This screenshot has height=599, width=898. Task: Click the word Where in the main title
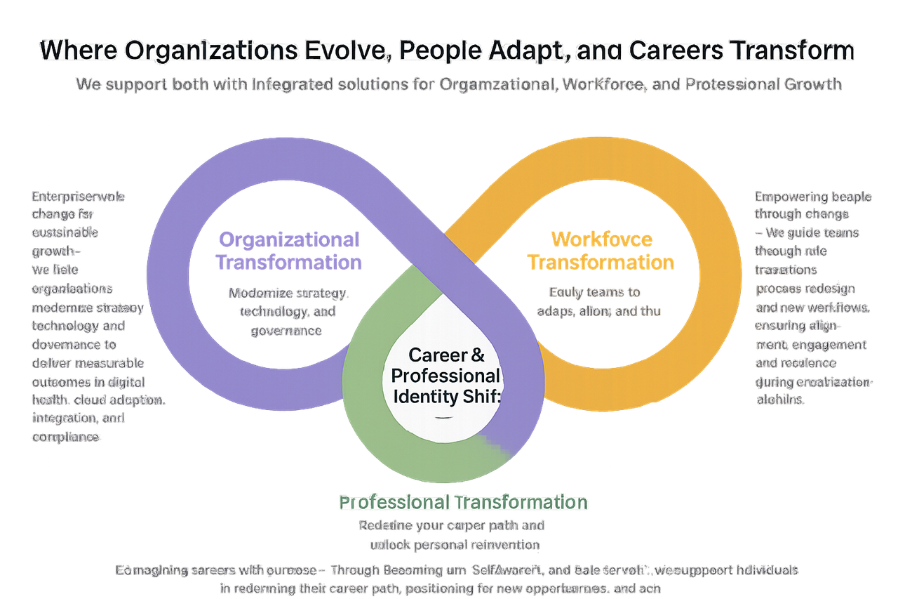point(72,51)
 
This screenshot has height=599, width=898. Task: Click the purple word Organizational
point(289,239)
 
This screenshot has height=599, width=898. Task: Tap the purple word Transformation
point(288,263)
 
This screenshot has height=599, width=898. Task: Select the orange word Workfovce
point(601,239)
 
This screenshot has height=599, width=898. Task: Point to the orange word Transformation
point(601,263)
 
